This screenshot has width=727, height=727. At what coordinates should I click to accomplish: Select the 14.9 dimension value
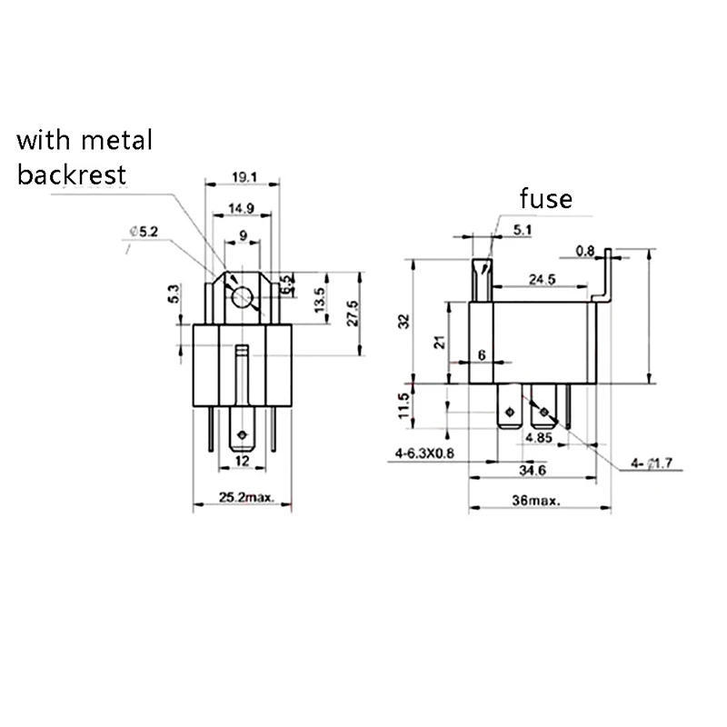tap(241, 208)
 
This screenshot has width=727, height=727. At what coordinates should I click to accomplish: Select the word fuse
tap(546, 198)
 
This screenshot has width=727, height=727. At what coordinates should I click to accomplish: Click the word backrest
tap(72, 174)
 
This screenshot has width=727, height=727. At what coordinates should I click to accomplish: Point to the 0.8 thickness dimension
tap(585, 250)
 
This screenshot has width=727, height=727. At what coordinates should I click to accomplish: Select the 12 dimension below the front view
tap(241, 462)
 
